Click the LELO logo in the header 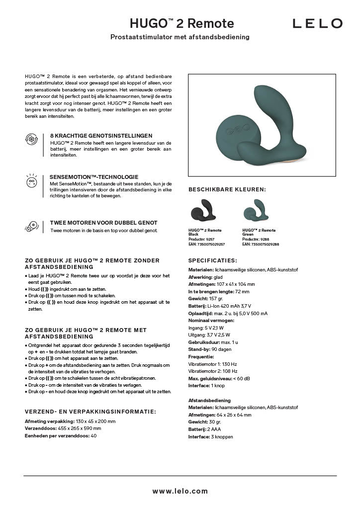coord(317,23)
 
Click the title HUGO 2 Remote coord(181,23)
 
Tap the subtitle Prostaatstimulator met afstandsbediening coord(180,37)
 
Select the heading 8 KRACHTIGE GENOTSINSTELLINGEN coord(101,135)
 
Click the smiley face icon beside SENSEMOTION coord(31,181)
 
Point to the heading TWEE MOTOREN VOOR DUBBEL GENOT coord(103,223)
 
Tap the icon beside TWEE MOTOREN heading coord(31,227)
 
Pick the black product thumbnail coord(204,212)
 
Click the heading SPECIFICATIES coord(213,260)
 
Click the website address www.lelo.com coord(180,491)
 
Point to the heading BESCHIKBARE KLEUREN coord(227,189)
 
